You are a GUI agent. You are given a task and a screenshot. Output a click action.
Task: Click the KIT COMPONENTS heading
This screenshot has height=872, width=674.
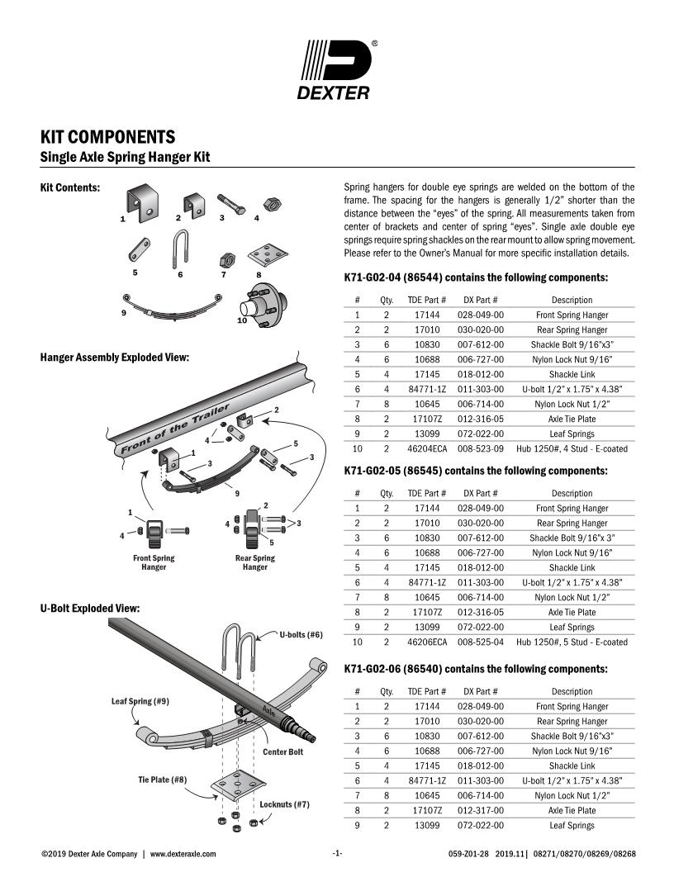(107, 136)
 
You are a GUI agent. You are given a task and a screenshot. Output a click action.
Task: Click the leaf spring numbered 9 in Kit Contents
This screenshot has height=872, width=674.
(172, 304)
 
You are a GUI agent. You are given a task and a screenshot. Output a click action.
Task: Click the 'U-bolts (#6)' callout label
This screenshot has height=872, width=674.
(301, 635)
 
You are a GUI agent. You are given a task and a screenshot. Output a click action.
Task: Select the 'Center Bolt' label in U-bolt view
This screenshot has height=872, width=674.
(282, 752)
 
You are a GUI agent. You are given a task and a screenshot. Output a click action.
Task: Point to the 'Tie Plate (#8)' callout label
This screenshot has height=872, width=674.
(162, 780)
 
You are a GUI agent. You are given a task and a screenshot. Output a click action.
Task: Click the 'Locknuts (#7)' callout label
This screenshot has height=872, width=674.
(284, 803)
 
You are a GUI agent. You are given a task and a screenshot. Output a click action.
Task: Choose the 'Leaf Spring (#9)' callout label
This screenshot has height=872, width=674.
(140, 701)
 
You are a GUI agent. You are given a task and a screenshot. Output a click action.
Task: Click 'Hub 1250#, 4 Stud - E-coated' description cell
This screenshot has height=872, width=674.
(572, 449)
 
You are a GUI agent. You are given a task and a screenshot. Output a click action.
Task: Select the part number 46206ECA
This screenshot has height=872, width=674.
(427, 642)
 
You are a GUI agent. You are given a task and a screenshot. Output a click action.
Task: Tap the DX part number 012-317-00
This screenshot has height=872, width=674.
(480, 811)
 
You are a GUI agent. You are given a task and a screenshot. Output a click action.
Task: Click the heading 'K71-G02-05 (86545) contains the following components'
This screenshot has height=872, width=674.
(475, 472)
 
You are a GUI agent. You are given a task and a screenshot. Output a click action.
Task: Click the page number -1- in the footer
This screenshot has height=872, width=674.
(337, 854)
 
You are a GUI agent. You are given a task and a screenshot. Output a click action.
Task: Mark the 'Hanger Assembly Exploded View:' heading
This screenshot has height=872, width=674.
(115, 358)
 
